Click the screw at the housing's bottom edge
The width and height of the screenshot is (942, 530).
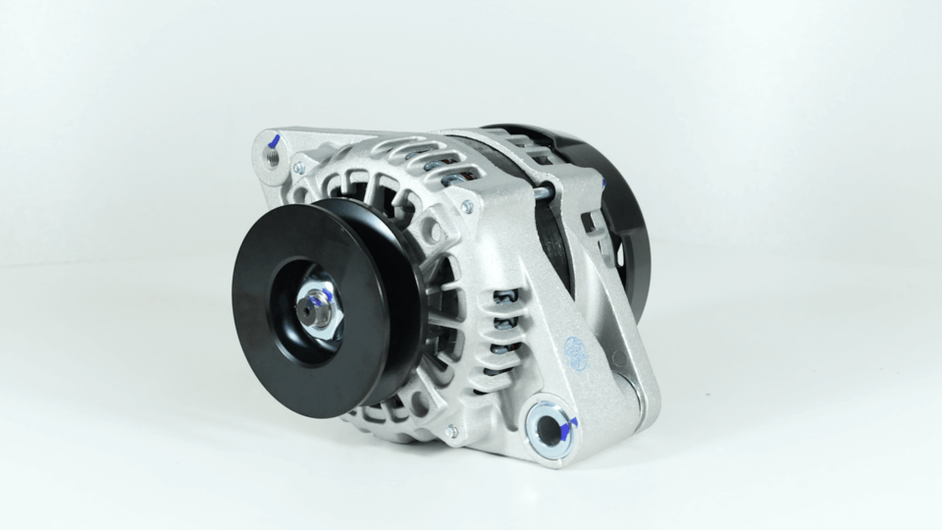pyautogui.click(x=451, y=432)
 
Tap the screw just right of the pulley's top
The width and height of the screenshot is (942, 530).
pyautogui.click(x=467, y=206)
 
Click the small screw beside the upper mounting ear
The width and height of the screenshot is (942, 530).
pyautogui.click(x=299, y=168)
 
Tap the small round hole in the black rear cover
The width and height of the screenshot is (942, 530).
pyautogui.click(x=619, y=253)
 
